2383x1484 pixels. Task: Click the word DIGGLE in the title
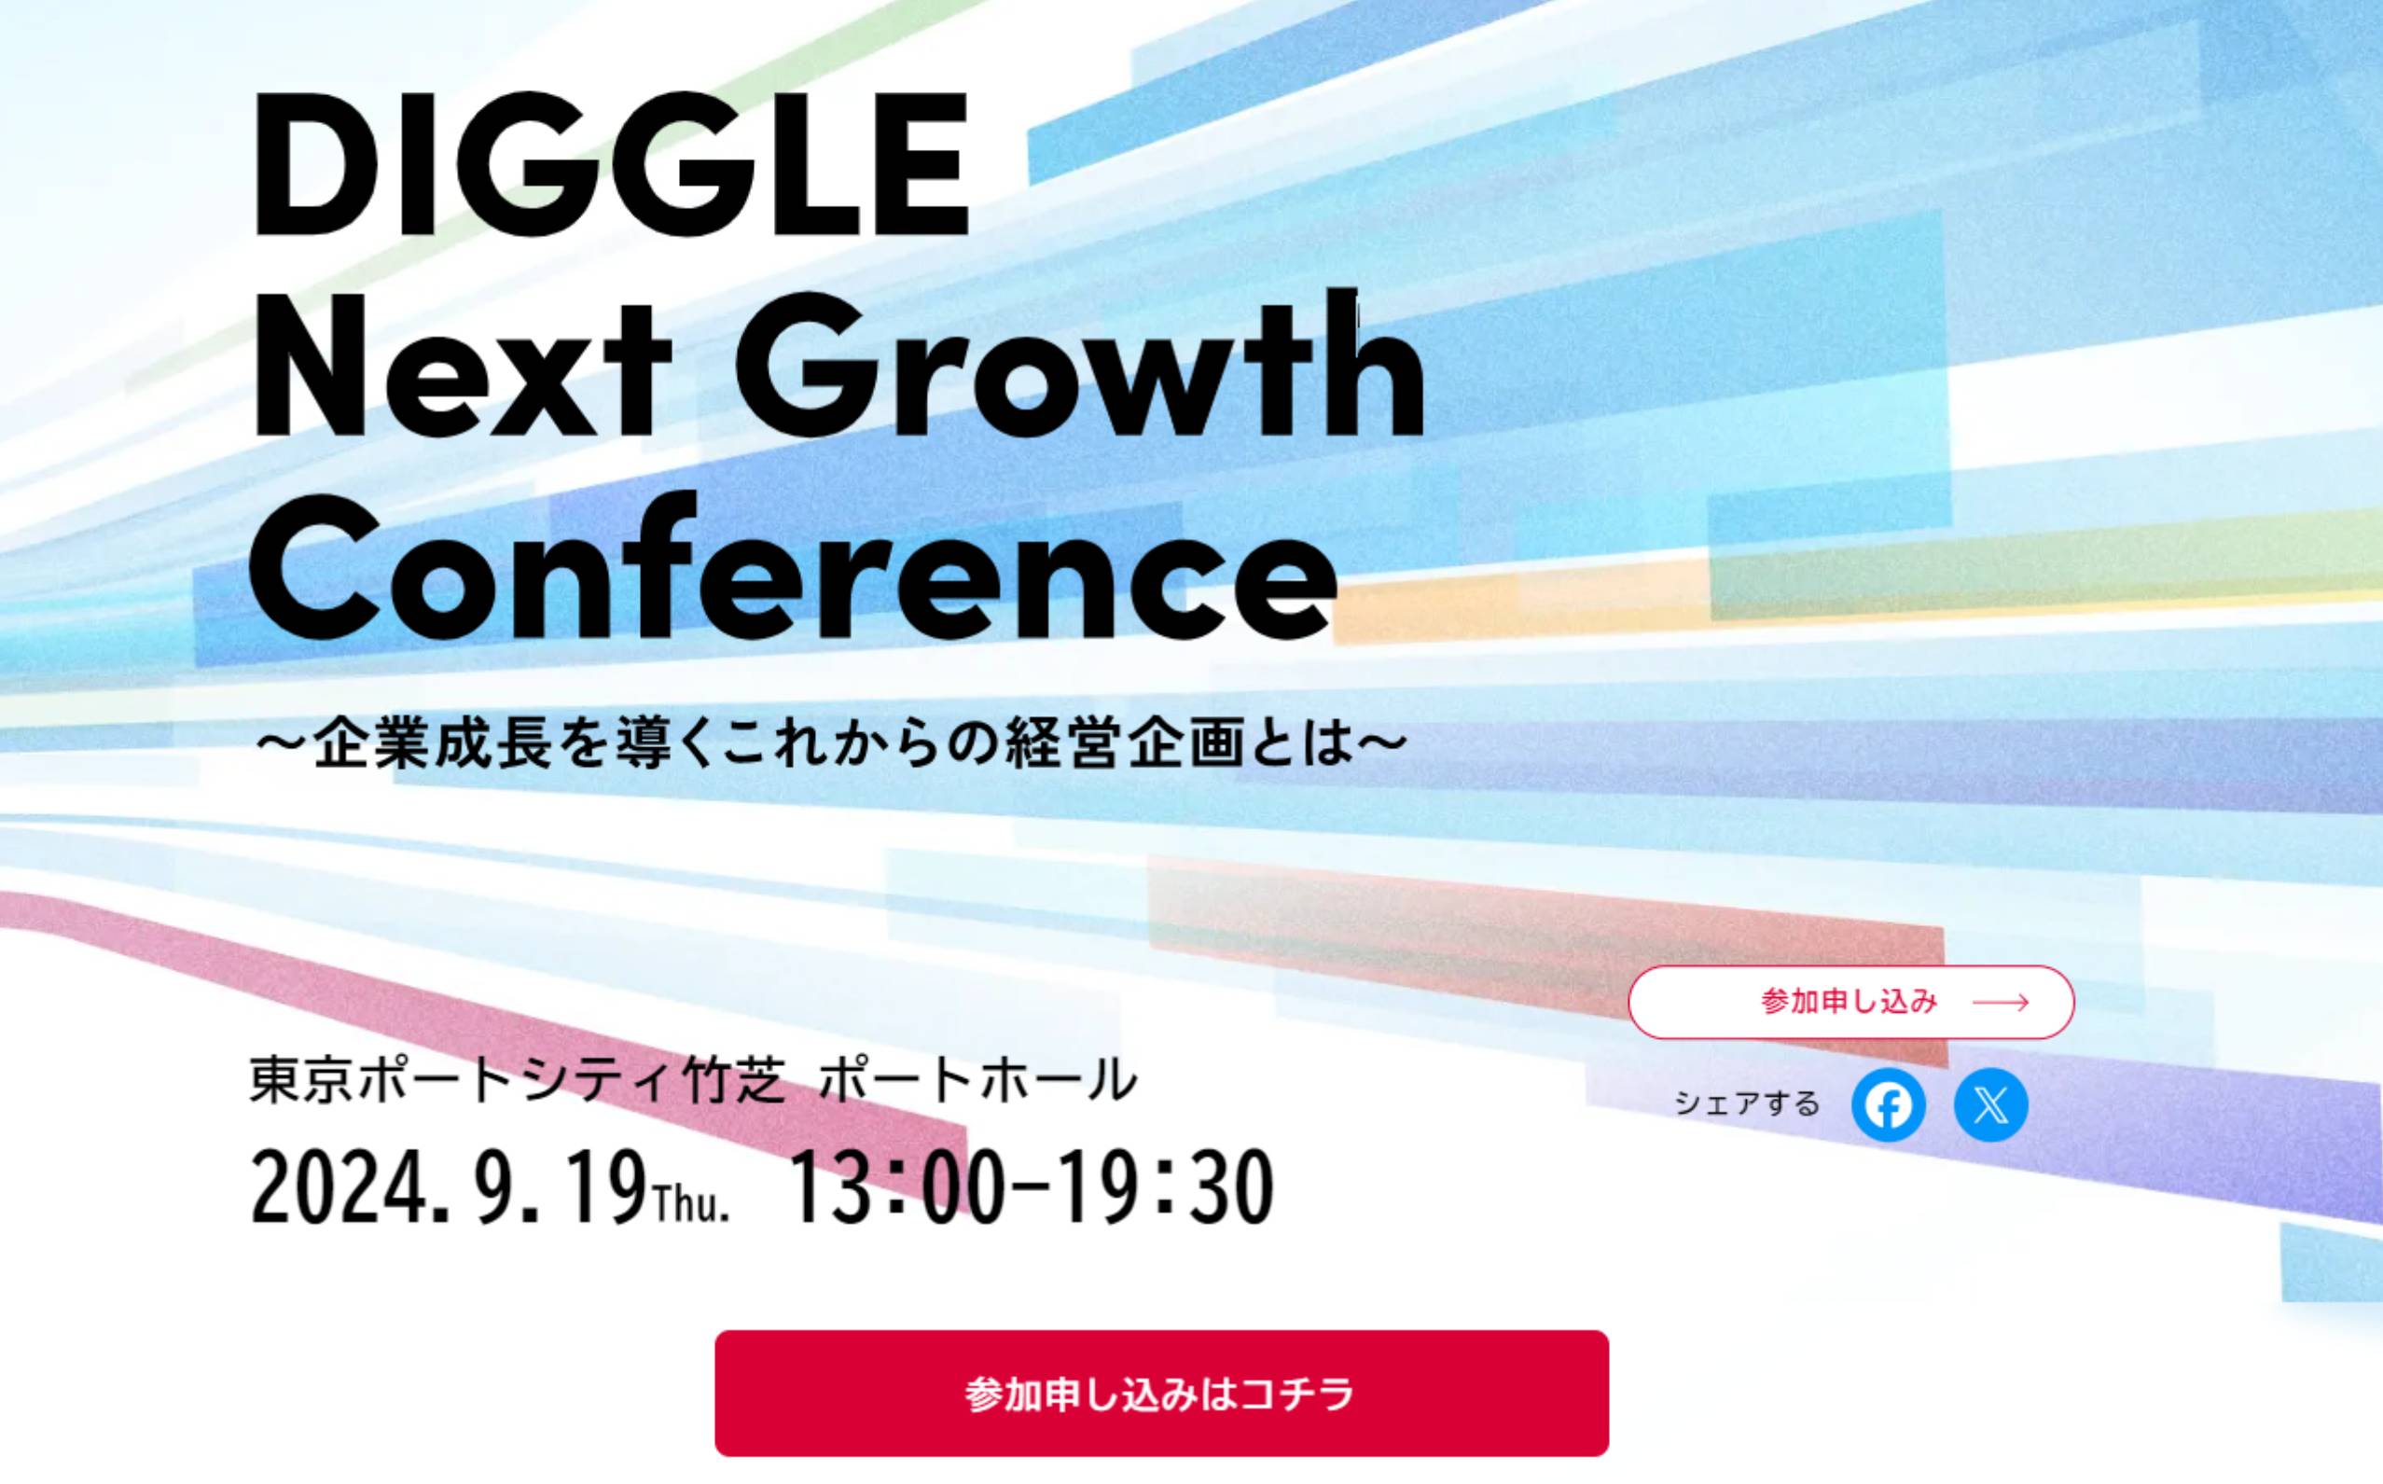611,164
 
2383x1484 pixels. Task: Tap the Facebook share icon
1889,1105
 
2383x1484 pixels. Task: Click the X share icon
1990,1105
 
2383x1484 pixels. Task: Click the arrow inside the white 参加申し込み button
2002,1002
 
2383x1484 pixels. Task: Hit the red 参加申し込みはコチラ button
1161,1393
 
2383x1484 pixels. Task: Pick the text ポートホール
977,1079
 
